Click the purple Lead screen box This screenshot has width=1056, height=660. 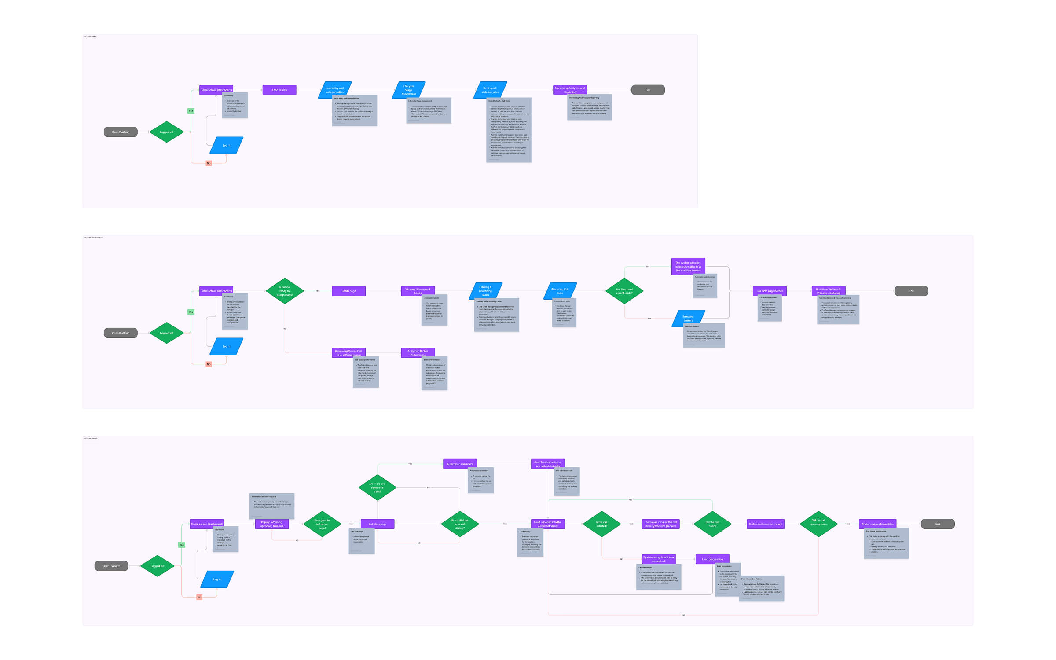tap(279, 90)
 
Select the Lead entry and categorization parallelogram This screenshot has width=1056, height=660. tap(334, 90)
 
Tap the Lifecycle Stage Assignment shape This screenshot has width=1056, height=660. tap(408, 90)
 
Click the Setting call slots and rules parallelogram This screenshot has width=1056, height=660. tap(490, 90)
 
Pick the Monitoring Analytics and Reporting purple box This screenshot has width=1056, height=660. tap(570, 90)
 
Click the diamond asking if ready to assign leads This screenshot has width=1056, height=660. tap(285, 291)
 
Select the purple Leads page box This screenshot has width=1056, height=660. tap(348, 291)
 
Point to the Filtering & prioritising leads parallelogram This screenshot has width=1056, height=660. tap(485, 291)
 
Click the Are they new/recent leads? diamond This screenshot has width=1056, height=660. tap(624, 291)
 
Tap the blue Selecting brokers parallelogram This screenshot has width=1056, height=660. tap(688, 318)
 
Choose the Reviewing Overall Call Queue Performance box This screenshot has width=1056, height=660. tap(348, 353)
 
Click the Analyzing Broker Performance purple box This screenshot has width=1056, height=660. tap(418, 353)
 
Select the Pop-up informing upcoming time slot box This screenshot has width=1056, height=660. tap(271, 524)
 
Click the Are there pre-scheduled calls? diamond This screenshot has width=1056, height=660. tap(377, 488)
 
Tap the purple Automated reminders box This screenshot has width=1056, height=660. tap(460, 464)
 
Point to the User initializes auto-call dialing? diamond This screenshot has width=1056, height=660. tap(459, 524)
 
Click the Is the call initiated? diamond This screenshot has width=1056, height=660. tap(601, 524)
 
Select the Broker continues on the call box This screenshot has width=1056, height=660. tap(766, 524)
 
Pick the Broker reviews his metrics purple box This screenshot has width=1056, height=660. tap(877, 524)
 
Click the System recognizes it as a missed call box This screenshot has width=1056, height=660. tap(658, 559)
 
